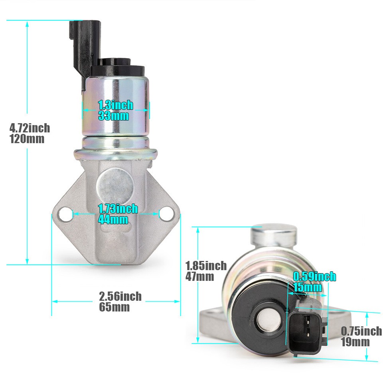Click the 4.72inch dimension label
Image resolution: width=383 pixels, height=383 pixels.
coord(30,128)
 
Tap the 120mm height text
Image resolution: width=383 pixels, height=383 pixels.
coord(27,139)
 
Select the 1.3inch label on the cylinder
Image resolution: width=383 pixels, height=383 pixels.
coord(115,105)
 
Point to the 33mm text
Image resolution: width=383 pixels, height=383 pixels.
coord(113,116)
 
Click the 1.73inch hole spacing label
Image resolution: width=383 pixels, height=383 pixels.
coord(118,209)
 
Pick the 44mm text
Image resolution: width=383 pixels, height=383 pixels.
coord(113,219)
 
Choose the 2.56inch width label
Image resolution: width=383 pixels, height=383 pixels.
coord(120,296)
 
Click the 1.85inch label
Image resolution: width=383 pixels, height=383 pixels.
coord(206,265)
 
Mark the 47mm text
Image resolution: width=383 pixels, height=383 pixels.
coord(200,276)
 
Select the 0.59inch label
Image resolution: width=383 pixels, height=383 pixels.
coord(314,276)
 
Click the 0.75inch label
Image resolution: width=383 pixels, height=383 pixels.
coord(361,331)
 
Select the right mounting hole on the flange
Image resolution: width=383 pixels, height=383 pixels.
coord(166,214)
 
